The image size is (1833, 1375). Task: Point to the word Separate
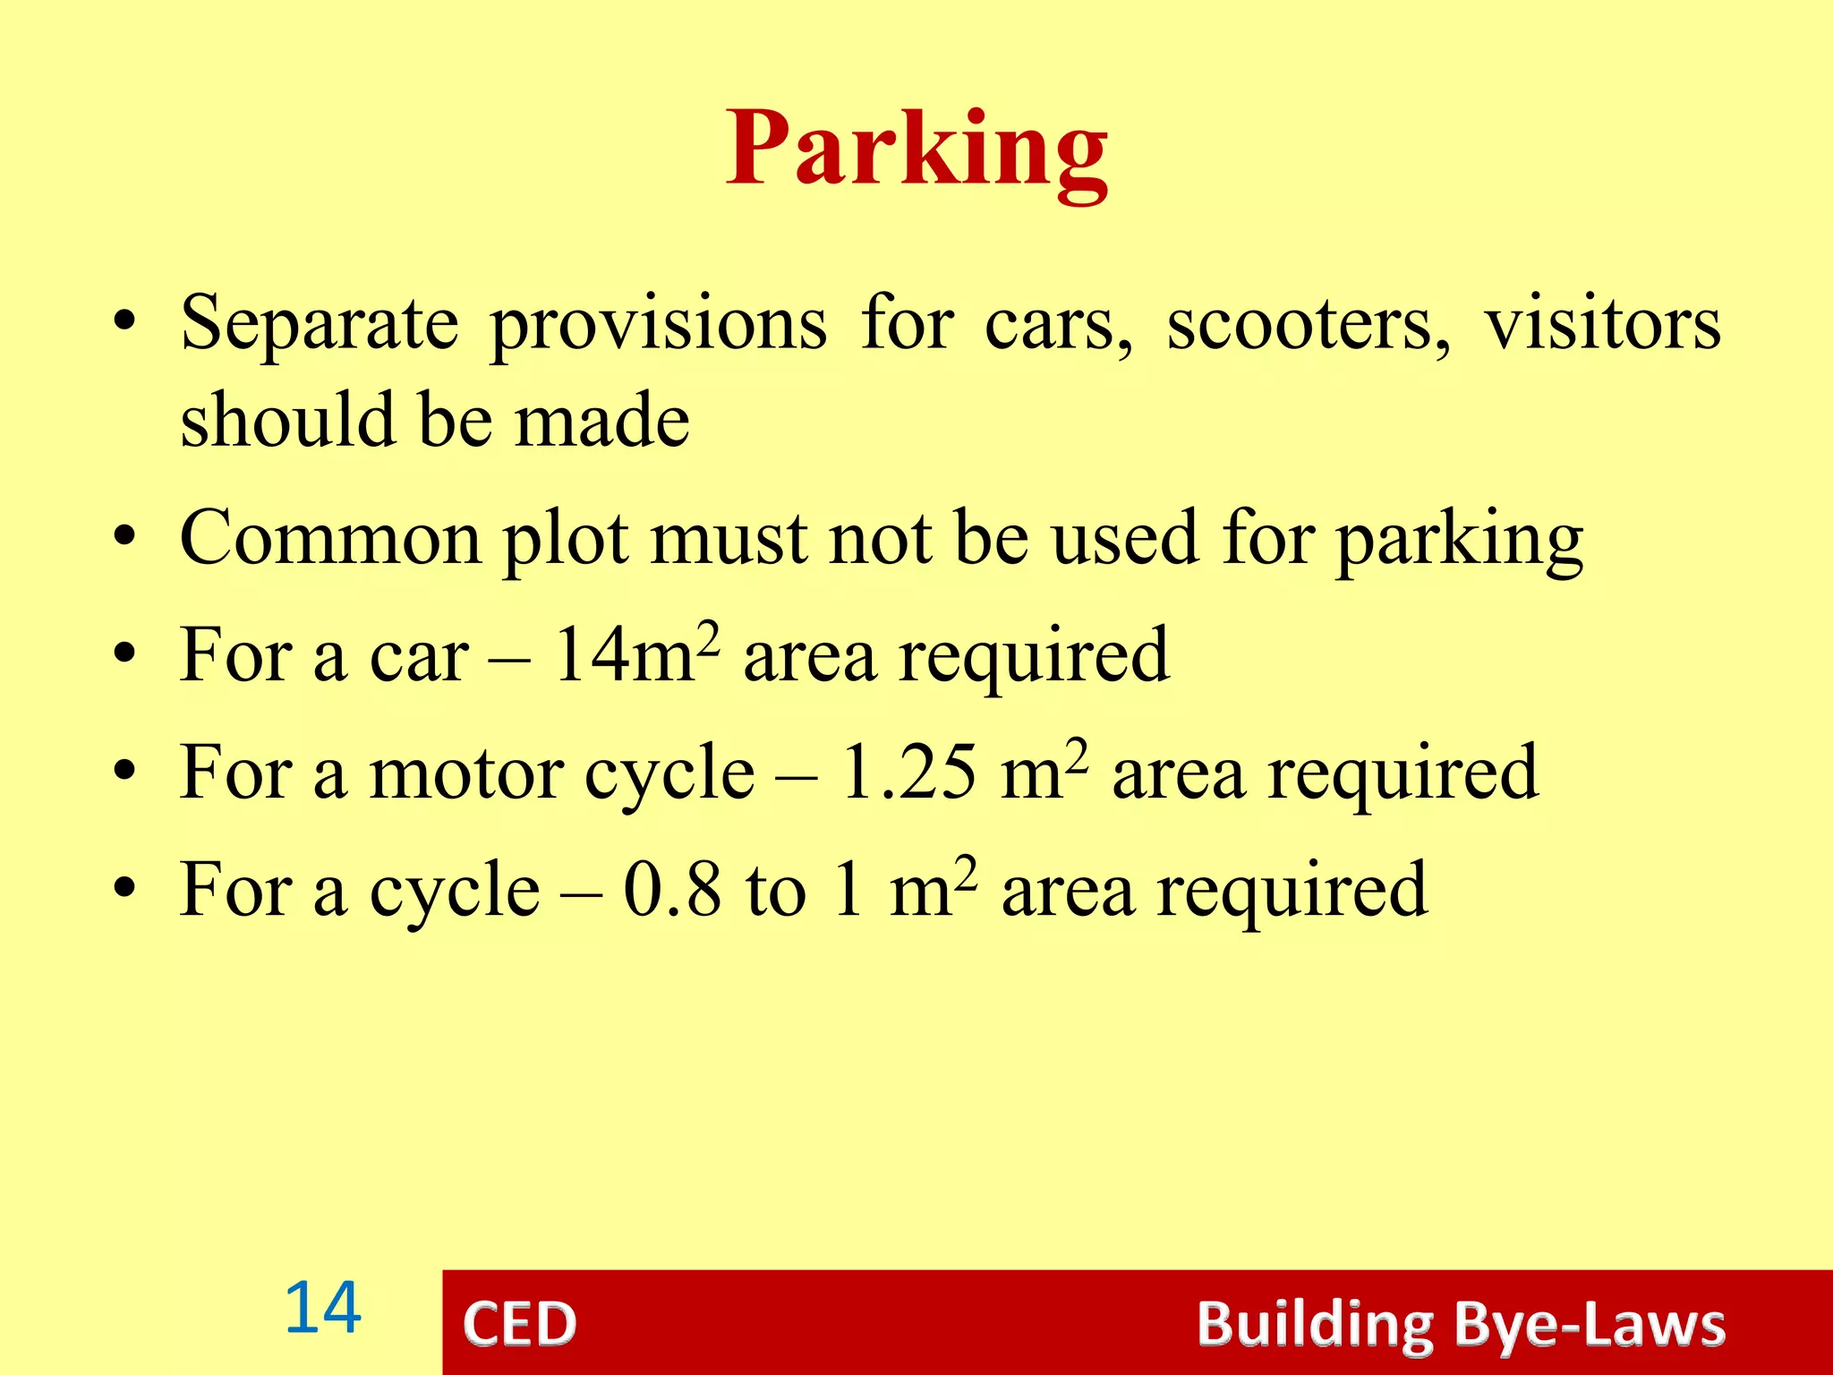(x=320, y=324)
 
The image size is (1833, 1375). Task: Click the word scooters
(x=1309, y=324)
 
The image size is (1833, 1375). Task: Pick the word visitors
(x=1603, y=324)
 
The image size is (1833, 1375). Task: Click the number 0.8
(x=672, y=891)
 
